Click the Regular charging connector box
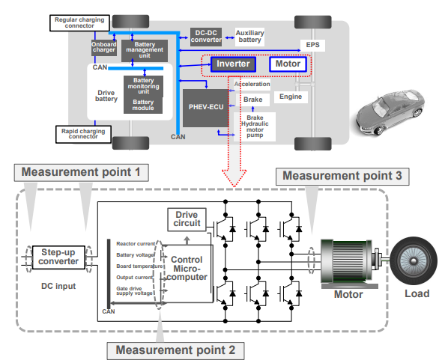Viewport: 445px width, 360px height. [79, 23]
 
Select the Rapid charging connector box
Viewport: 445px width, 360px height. [83, 135]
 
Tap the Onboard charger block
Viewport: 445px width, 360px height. [104, 47]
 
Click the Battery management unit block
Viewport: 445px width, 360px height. [145, 50]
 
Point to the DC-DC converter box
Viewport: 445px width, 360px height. [206, 37]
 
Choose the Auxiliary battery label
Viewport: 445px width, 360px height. [249, 37]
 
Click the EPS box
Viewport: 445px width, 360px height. [312, 45]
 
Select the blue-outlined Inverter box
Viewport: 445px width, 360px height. [233, 64]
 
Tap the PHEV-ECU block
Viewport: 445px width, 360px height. [206, 108]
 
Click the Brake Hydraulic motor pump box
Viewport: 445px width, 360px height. [255, 126]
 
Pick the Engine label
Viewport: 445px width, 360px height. [291, 97]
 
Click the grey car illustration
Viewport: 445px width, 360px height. [390, 112]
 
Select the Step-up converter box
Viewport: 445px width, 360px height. [58, 257]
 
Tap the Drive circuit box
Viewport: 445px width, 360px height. [187, 219]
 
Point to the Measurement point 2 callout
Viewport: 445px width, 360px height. [175, 350]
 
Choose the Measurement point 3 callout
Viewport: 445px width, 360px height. [342, 177]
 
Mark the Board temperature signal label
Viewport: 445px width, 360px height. [139, 266]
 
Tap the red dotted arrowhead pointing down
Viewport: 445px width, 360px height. [234, 178]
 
